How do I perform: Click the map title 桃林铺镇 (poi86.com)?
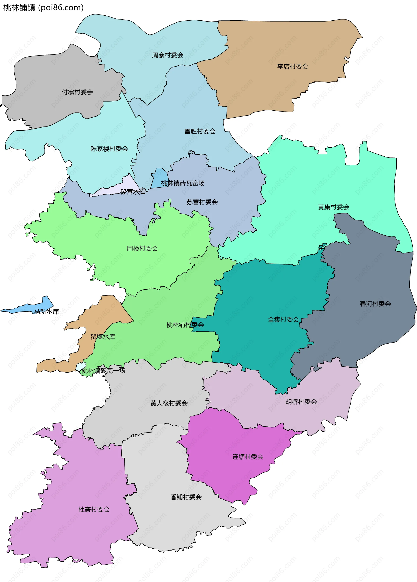point(43,8)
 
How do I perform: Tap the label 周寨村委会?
point(167,55)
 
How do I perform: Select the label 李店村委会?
point(293,67)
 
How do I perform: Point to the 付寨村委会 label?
point(77,92)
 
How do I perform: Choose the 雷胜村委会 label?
point(200,131)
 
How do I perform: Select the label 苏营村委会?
point(202,202)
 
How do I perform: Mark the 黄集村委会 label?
point(333,207)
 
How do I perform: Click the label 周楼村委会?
point(142,248)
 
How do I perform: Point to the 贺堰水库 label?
point(103,337)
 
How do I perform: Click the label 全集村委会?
point(283,320)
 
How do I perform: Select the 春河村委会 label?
point(375,304)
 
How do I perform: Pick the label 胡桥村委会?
point(301,402)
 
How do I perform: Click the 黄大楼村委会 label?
point(169,403)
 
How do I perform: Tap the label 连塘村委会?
point(248,457)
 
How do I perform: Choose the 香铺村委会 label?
point(186,497)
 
